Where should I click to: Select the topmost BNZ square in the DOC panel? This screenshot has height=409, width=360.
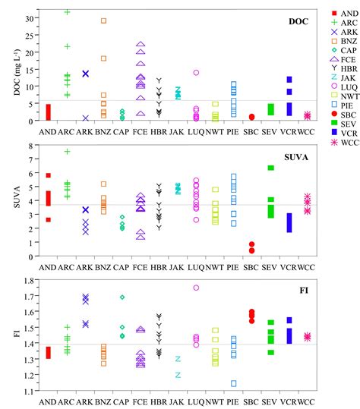(x=103, y=20)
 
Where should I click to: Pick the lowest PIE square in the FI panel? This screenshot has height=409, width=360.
(x=233, y=383)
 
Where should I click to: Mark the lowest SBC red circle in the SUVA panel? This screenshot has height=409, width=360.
(x=251, y=250)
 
